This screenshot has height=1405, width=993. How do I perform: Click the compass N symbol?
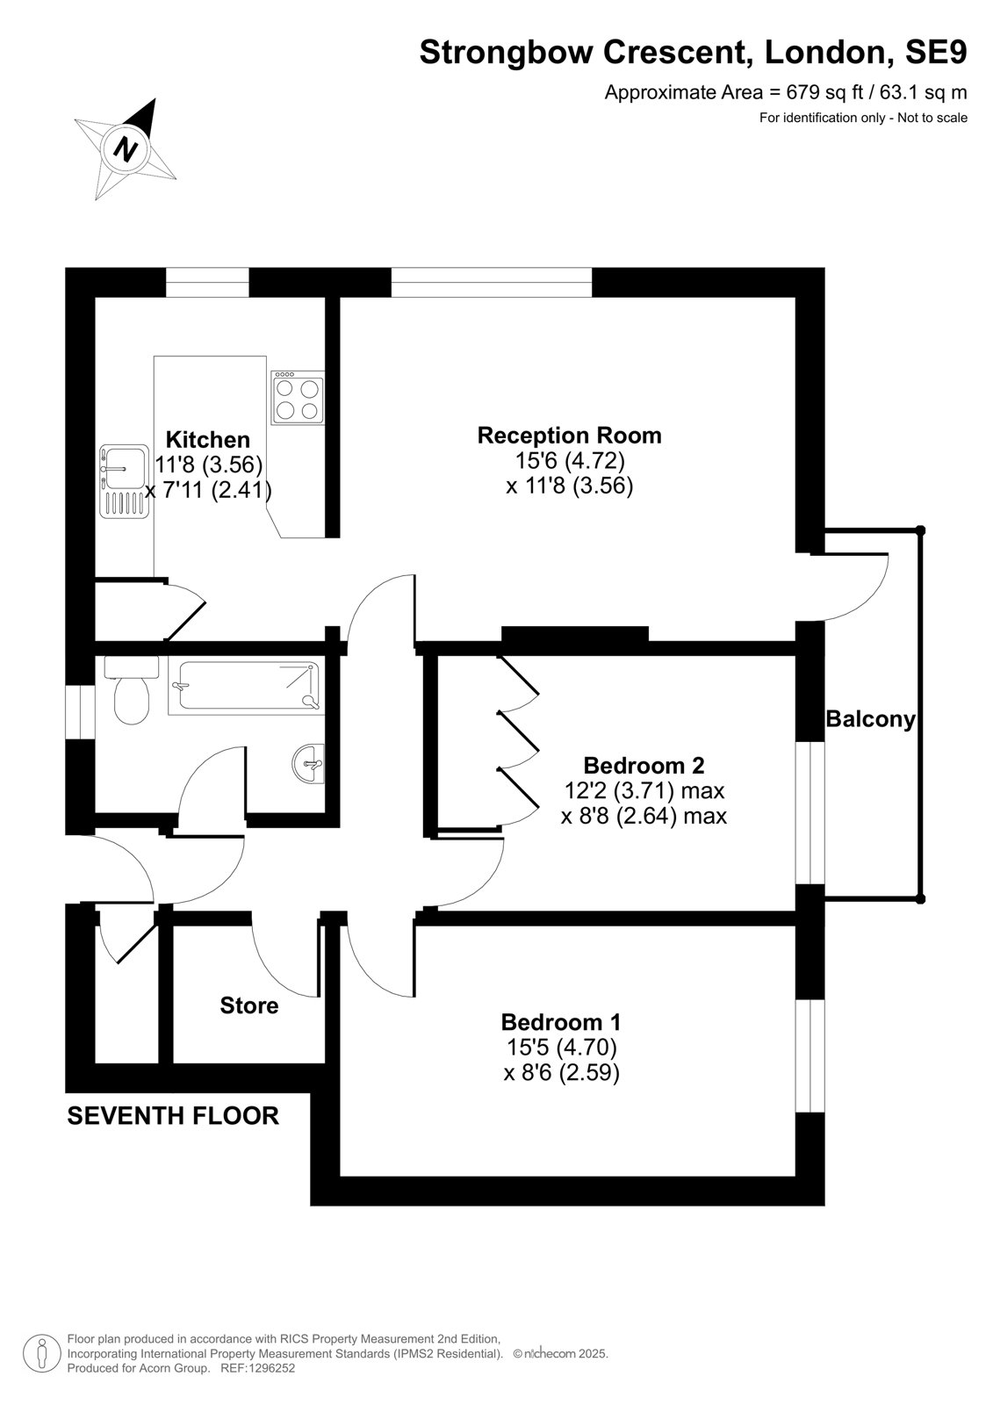(x=126, y=150)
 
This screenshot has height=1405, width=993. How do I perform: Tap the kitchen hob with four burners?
(x=298, y=397)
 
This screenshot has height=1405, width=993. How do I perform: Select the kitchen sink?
(x=124, y=481)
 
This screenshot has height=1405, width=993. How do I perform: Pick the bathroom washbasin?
(x=309, y=764)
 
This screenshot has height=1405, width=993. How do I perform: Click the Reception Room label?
(x=570, y=436)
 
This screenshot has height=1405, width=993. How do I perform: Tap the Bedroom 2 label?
(x=644, y=765)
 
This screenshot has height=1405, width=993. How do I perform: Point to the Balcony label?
(x=871, y=719)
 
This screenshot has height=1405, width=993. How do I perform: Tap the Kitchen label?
(x=207, y=439)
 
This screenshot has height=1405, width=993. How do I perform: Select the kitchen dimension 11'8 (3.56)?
(x=208, y=465)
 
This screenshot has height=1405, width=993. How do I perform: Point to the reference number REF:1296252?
(x=258, y=1368)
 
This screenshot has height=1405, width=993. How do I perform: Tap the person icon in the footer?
(x=41, y=1354)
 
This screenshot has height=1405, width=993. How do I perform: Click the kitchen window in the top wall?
(x=207, y=282)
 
